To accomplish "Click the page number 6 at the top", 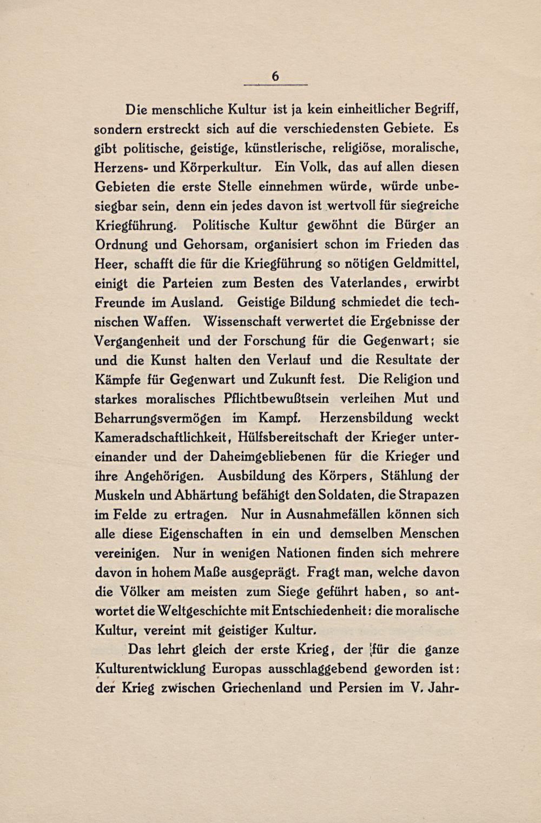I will (x=275, y=77).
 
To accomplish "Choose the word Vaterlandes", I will (x=365, y=283).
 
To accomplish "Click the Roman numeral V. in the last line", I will (x=415, y=688).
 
